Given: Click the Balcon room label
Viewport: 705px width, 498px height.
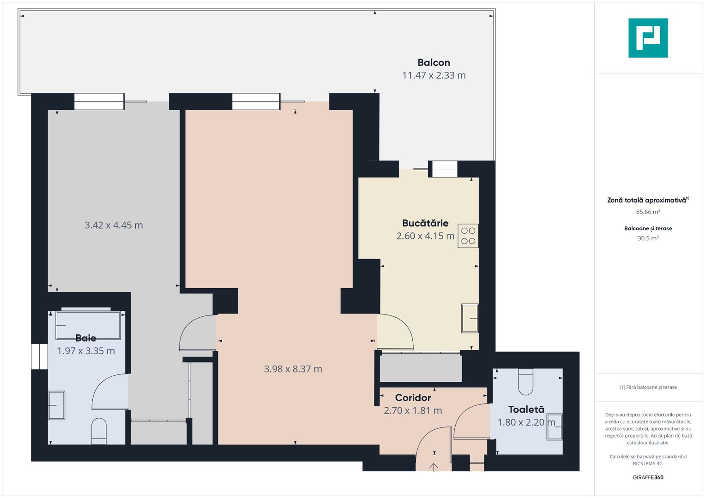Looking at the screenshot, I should [x=434, y=63].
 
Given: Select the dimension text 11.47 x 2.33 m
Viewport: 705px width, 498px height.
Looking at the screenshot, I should [x=434, y=76].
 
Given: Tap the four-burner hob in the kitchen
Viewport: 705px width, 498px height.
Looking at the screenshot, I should [x=468, y=236].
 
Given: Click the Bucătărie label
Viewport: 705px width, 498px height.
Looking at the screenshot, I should [x=425, y=223].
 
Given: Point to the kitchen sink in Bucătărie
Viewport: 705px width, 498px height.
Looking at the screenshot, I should [x=470, y=318].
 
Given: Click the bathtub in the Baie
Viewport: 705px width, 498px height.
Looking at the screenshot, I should [x=88, y=326].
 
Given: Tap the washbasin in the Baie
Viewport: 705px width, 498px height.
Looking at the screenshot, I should [x=56, y=405].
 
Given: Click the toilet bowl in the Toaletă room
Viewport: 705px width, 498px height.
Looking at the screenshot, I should [x=525, y=382].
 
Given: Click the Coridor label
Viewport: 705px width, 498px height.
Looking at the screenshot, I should [x=413, y=397].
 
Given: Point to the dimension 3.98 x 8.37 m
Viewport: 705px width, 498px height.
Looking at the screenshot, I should [x=293, y=369].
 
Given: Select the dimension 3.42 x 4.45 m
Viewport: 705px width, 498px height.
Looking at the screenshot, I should [x=114, y=225].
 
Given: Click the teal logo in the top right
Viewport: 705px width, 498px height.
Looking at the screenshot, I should [x=648, y=38].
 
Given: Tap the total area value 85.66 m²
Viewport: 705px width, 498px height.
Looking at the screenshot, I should [x=648, y=212].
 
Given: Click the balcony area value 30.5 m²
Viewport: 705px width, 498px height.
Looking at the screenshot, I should [x=648, y=238].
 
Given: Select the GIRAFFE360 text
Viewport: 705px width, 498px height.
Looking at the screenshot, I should [x=648, y=477].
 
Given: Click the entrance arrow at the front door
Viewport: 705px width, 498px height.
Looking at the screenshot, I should [x=434, y=467].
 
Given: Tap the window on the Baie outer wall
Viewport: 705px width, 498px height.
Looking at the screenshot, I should [x=39, y=356].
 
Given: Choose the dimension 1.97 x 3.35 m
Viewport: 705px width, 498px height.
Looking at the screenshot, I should [x=86, y=351].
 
